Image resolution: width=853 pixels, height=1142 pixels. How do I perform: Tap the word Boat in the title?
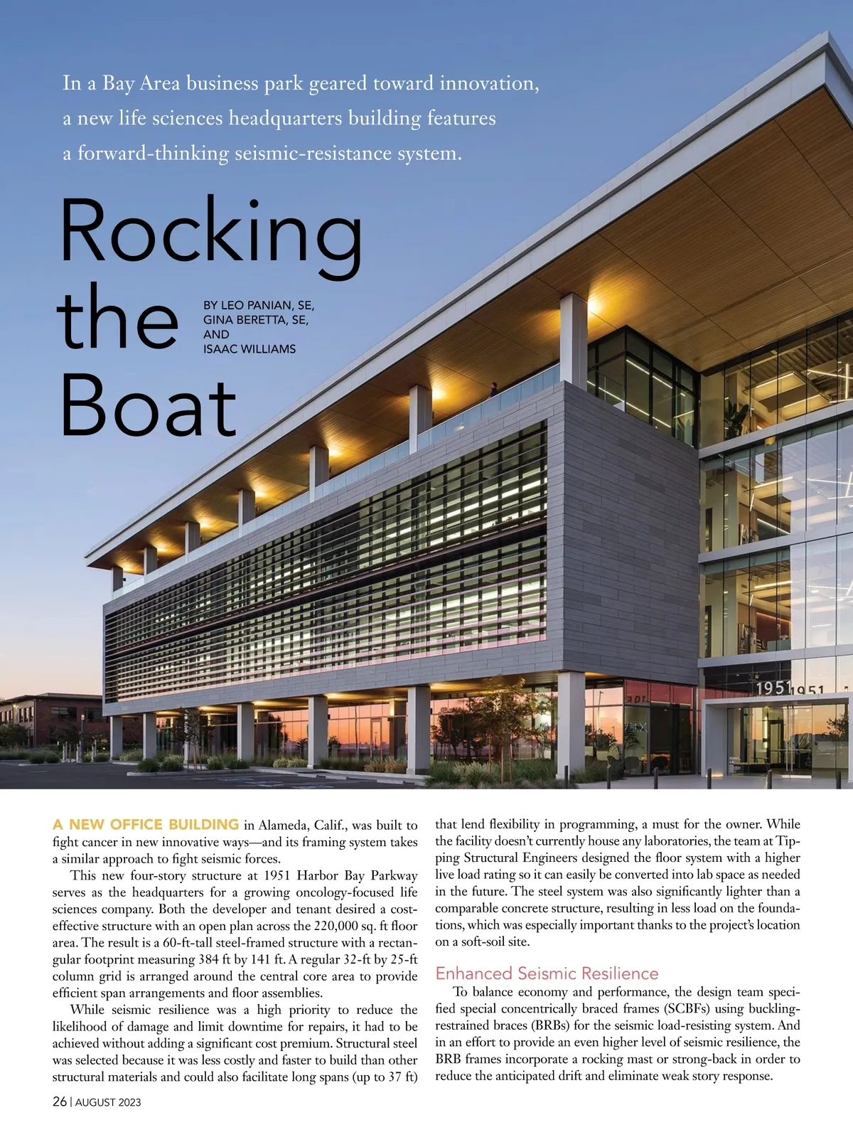click(148, 405)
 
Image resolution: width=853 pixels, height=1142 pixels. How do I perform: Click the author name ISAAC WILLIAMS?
click(250, 349)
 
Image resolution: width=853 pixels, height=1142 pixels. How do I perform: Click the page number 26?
click(60, 1101)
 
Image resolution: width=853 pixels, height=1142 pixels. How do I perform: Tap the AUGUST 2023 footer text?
click(108, 1102)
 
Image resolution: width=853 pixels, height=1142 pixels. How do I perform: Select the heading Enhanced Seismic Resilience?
click(547, 973)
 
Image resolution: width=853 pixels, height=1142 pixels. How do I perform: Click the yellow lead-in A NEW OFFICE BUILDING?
click(146, 825)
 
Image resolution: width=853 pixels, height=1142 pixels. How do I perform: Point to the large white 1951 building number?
click(773, 688)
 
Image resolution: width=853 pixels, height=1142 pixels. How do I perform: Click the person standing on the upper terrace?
click(493, 389)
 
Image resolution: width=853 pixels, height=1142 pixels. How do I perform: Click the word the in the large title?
click(117, 320)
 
